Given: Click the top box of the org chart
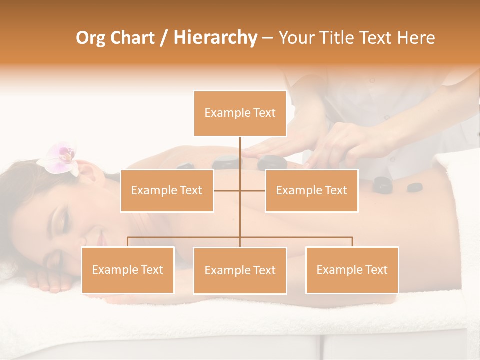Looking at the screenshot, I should (240, 113).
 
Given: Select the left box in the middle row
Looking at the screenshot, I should (167, 190).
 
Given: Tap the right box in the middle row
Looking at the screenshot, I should (311, 190).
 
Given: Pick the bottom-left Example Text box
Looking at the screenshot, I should (128, 270).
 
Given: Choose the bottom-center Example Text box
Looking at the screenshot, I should (240, 270).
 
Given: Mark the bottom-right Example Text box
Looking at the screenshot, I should (352, 270).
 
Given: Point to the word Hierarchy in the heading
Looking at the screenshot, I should (215, 38).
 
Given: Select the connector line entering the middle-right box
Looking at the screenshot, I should (253, 190).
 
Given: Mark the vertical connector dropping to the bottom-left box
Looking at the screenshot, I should (128, 242).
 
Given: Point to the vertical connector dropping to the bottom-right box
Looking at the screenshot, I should (352, 242).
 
